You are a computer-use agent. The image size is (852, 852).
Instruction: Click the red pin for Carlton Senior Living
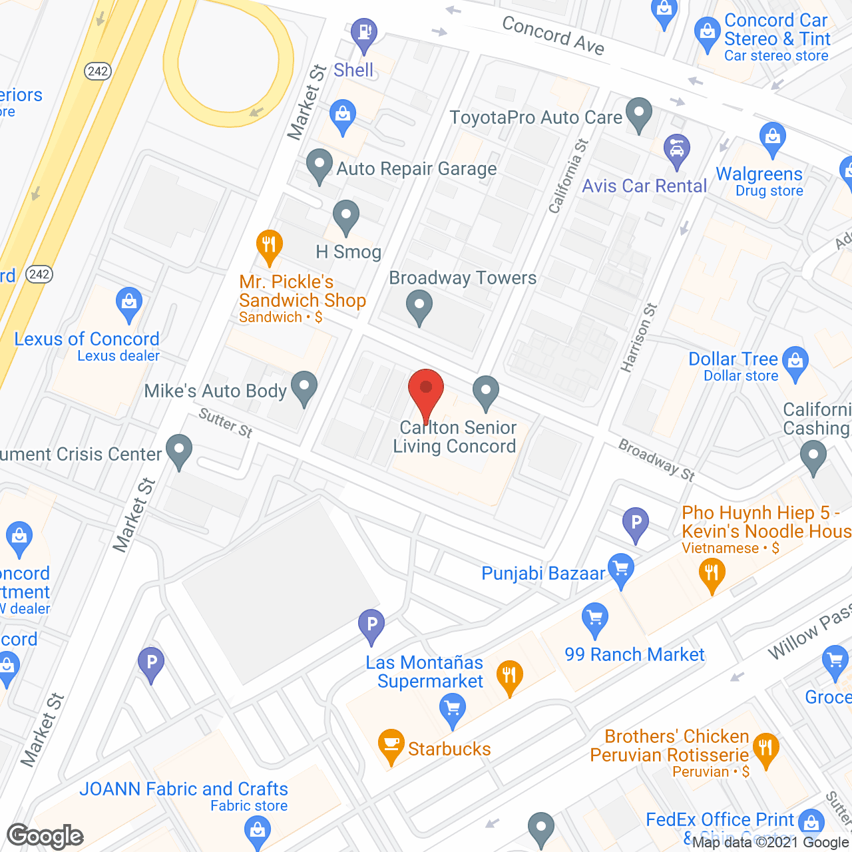point(426,389)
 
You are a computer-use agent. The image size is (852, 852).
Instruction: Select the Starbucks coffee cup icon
point(391,745)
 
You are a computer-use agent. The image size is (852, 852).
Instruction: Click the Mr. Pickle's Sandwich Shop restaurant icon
point(269,244)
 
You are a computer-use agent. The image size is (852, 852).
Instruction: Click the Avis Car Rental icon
point(677,149)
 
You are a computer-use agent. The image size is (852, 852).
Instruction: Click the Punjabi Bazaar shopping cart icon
point(621,569)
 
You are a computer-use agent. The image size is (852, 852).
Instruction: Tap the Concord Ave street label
point(553,35)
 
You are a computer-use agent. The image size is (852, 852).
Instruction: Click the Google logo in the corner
point(45,836)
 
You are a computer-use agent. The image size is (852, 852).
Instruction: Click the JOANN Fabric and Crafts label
point(184,789)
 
